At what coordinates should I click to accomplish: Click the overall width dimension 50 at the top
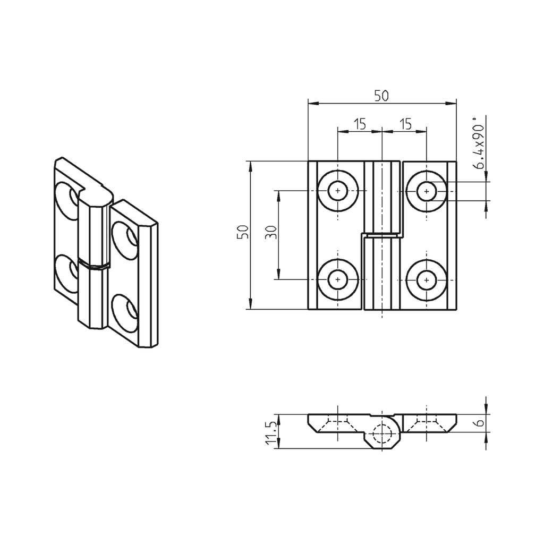click(x=381, y=96)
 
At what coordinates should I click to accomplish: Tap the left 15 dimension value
click(x=360, y=124)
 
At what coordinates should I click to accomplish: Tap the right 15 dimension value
click(x=405, y=124)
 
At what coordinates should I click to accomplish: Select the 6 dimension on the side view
click(x=480, y=423)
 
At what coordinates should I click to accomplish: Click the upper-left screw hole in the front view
click(x=338, y=191)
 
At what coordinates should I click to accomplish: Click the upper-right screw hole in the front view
click(x=426, y=191)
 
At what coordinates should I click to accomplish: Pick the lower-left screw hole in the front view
click(x=338, y=279)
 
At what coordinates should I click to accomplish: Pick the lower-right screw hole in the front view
click(x=426, y=279)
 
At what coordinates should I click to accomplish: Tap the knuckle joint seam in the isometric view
click(x=93, y=265)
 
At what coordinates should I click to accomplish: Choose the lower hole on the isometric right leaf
click(x=124, y=311)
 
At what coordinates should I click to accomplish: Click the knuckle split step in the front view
click(x=381, y=234)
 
